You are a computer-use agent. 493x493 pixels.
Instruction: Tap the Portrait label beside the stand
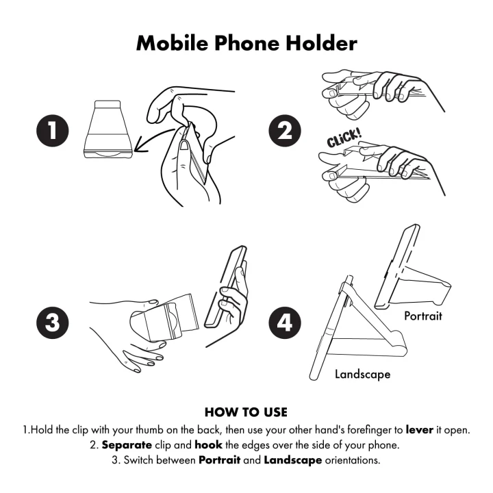tap(422, 316)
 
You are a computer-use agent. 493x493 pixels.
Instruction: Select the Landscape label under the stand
tap(362, 374)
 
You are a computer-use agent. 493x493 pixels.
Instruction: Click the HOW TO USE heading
tap(246, 412)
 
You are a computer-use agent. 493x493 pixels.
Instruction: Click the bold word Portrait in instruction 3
tap(220, 459)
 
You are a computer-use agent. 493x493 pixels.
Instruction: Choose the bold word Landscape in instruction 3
tap(292, 459)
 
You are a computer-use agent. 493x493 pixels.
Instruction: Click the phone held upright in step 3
tap(227, 288)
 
